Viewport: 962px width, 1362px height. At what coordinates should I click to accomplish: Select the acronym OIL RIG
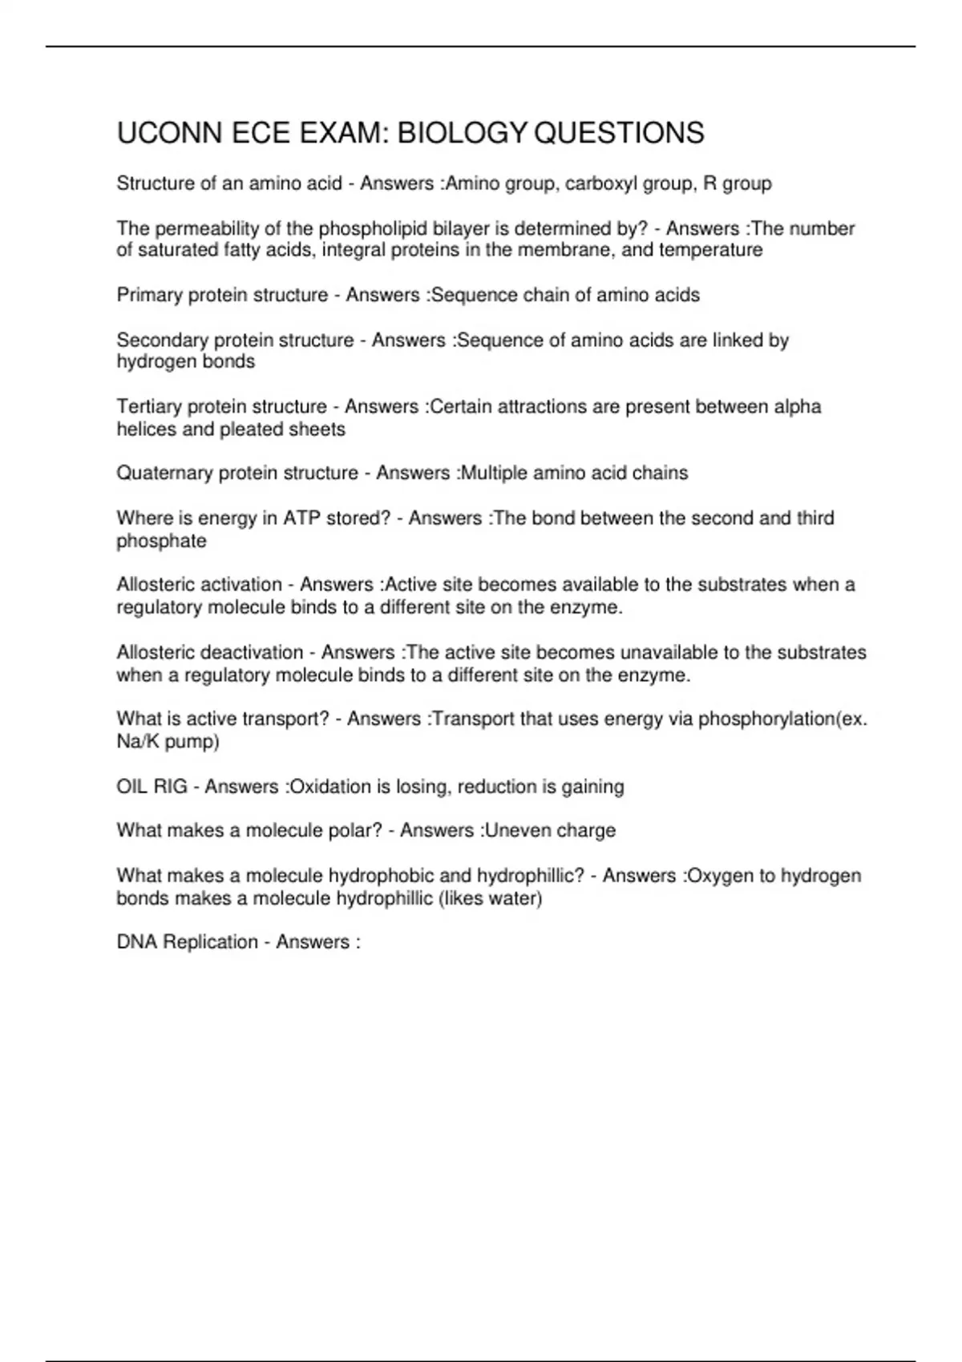(152, 787)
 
